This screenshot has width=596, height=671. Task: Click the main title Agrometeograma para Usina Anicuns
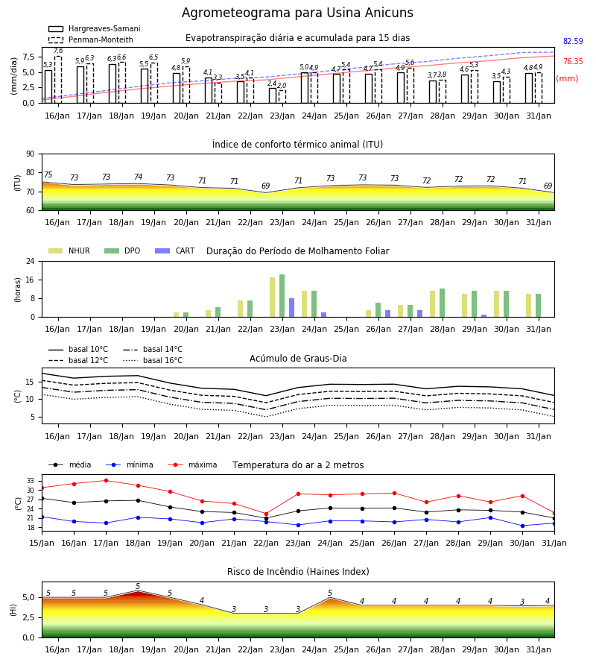297,13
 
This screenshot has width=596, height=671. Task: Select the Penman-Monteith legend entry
91,40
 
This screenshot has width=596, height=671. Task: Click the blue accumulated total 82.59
573,42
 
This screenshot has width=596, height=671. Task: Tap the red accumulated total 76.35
573,62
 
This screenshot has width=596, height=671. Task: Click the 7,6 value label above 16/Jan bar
58,51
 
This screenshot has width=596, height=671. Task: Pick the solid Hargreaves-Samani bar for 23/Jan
273,95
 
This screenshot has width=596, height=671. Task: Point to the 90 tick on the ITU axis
31,154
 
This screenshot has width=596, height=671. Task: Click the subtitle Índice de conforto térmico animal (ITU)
297,145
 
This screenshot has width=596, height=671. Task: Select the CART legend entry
174,251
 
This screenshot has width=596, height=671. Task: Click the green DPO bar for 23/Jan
282,296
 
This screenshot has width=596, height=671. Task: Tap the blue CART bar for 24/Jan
323,315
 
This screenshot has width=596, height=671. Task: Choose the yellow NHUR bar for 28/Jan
433,304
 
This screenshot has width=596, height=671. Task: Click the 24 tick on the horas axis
31,261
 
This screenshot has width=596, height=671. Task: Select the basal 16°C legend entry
153,360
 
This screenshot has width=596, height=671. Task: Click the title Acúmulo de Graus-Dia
298,359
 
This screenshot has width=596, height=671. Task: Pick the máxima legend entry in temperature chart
192,464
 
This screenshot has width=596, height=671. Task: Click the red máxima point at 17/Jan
106,481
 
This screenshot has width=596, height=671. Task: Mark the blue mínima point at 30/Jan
522,526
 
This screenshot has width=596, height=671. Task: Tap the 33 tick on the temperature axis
31,481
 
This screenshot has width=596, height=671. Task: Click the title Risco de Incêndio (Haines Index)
298,572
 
